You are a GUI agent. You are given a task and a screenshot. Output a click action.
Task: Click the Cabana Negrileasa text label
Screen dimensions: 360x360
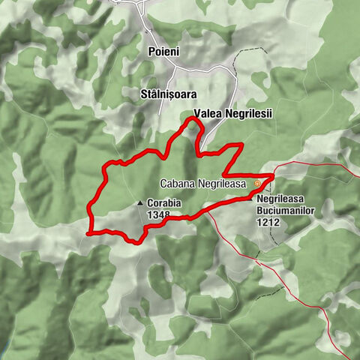pyautogui.click(x=204, y=183)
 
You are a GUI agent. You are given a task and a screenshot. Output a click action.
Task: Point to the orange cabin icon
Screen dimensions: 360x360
pyautogui.click(x=258, y=182)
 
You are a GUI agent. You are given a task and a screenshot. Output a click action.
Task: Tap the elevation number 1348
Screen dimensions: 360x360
pyautogui.click(x=159, y=214)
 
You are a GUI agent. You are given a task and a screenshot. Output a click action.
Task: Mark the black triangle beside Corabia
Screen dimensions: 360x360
pyautogui.click(x=140, y=202)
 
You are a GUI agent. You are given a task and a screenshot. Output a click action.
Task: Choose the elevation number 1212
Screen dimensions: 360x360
pyautogui.click(x=267, y=223)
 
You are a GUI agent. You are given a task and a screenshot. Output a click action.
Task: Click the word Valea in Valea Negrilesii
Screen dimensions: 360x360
pyautogui.click(x=206, y=113)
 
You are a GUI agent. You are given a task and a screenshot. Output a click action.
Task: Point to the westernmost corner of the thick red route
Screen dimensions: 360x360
pyautogui.click(x=88, y=233)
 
